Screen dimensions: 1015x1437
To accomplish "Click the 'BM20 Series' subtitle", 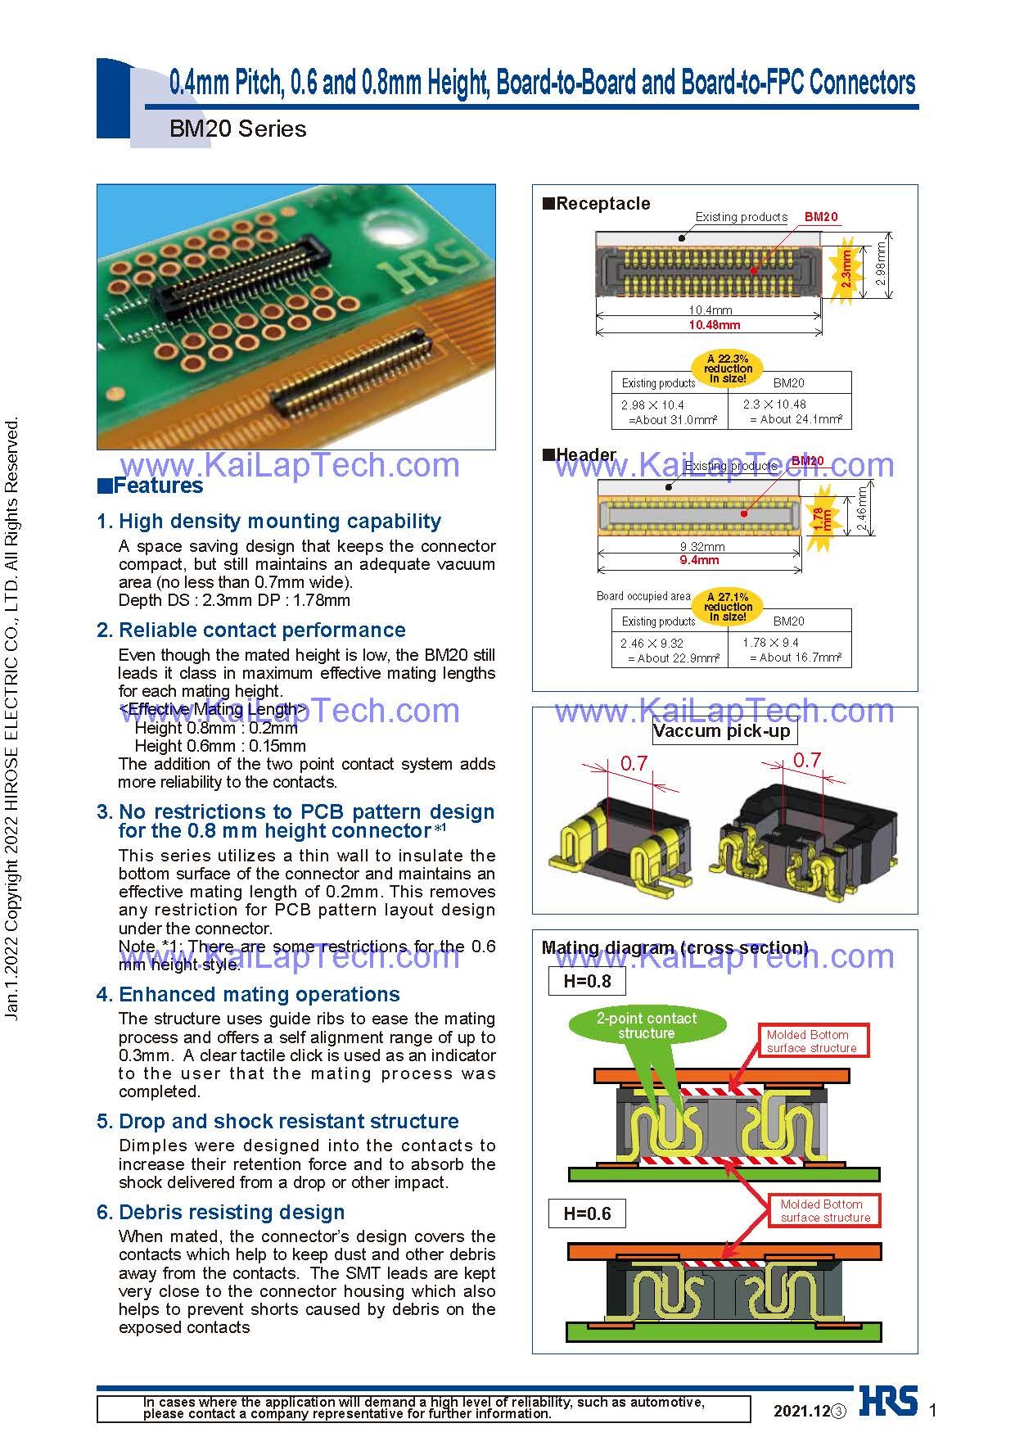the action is [x=237, y=129].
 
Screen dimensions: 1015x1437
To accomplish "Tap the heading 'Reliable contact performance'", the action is [x=262, y=630].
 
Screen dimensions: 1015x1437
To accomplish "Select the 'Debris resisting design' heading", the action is [x=232, y=1212].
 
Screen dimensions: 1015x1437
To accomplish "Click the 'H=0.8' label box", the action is [x=587, y=981].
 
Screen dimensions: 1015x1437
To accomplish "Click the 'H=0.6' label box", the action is [x=587, y=1213].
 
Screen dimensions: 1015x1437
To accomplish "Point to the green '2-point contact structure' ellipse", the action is [x=647, y=1026].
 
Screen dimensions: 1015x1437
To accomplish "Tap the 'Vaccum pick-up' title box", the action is [x=722, y=731].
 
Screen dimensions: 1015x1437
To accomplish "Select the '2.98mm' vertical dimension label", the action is [x=881, y=263].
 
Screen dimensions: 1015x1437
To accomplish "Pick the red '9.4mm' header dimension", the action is [x=700, y=561].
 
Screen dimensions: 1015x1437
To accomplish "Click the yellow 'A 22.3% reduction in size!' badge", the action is [x=728, y=368].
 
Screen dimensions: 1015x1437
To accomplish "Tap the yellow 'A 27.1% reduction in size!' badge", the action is [x=728, y=607].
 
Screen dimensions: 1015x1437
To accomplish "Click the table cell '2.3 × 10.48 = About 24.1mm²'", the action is [x=790, y=412].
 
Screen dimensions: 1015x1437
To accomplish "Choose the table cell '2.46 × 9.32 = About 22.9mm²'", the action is [x=670, y=650].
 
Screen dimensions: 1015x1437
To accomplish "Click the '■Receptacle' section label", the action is [x=597, y=203].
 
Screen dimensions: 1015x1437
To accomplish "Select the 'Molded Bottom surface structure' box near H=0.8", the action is [x=812, y=1041].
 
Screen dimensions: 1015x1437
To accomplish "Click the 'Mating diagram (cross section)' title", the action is [x=674, y=948].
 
